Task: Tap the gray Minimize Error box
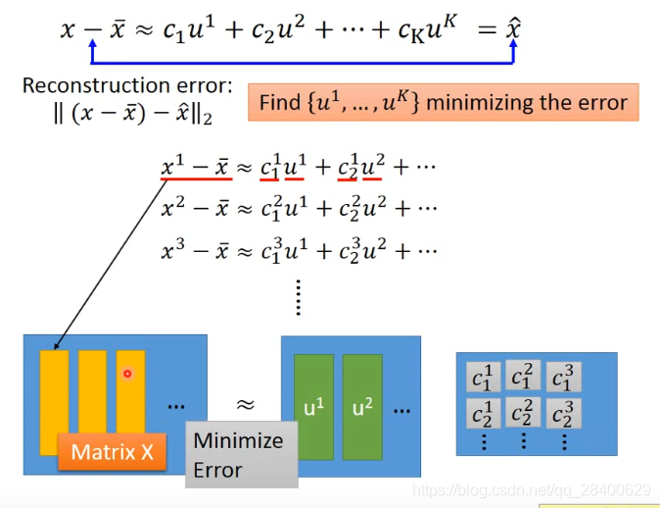coord(241,455)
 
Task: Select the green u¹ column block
coord(313,407)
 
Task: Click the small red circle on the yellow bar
coord(127,374)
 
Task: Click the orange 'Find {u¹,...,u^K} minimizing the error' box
coord(443,102)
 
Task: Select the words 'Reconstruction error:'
coord(127,86)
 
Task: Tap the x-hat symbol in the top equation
coord(512,29)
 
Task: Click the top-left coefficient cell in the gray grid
coord(485,379)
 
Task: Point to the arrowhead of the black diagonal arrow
coord(54,347)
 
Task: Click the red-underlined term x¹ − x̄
coord(196,168)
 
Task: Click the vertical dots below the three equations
coord(298,296)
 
